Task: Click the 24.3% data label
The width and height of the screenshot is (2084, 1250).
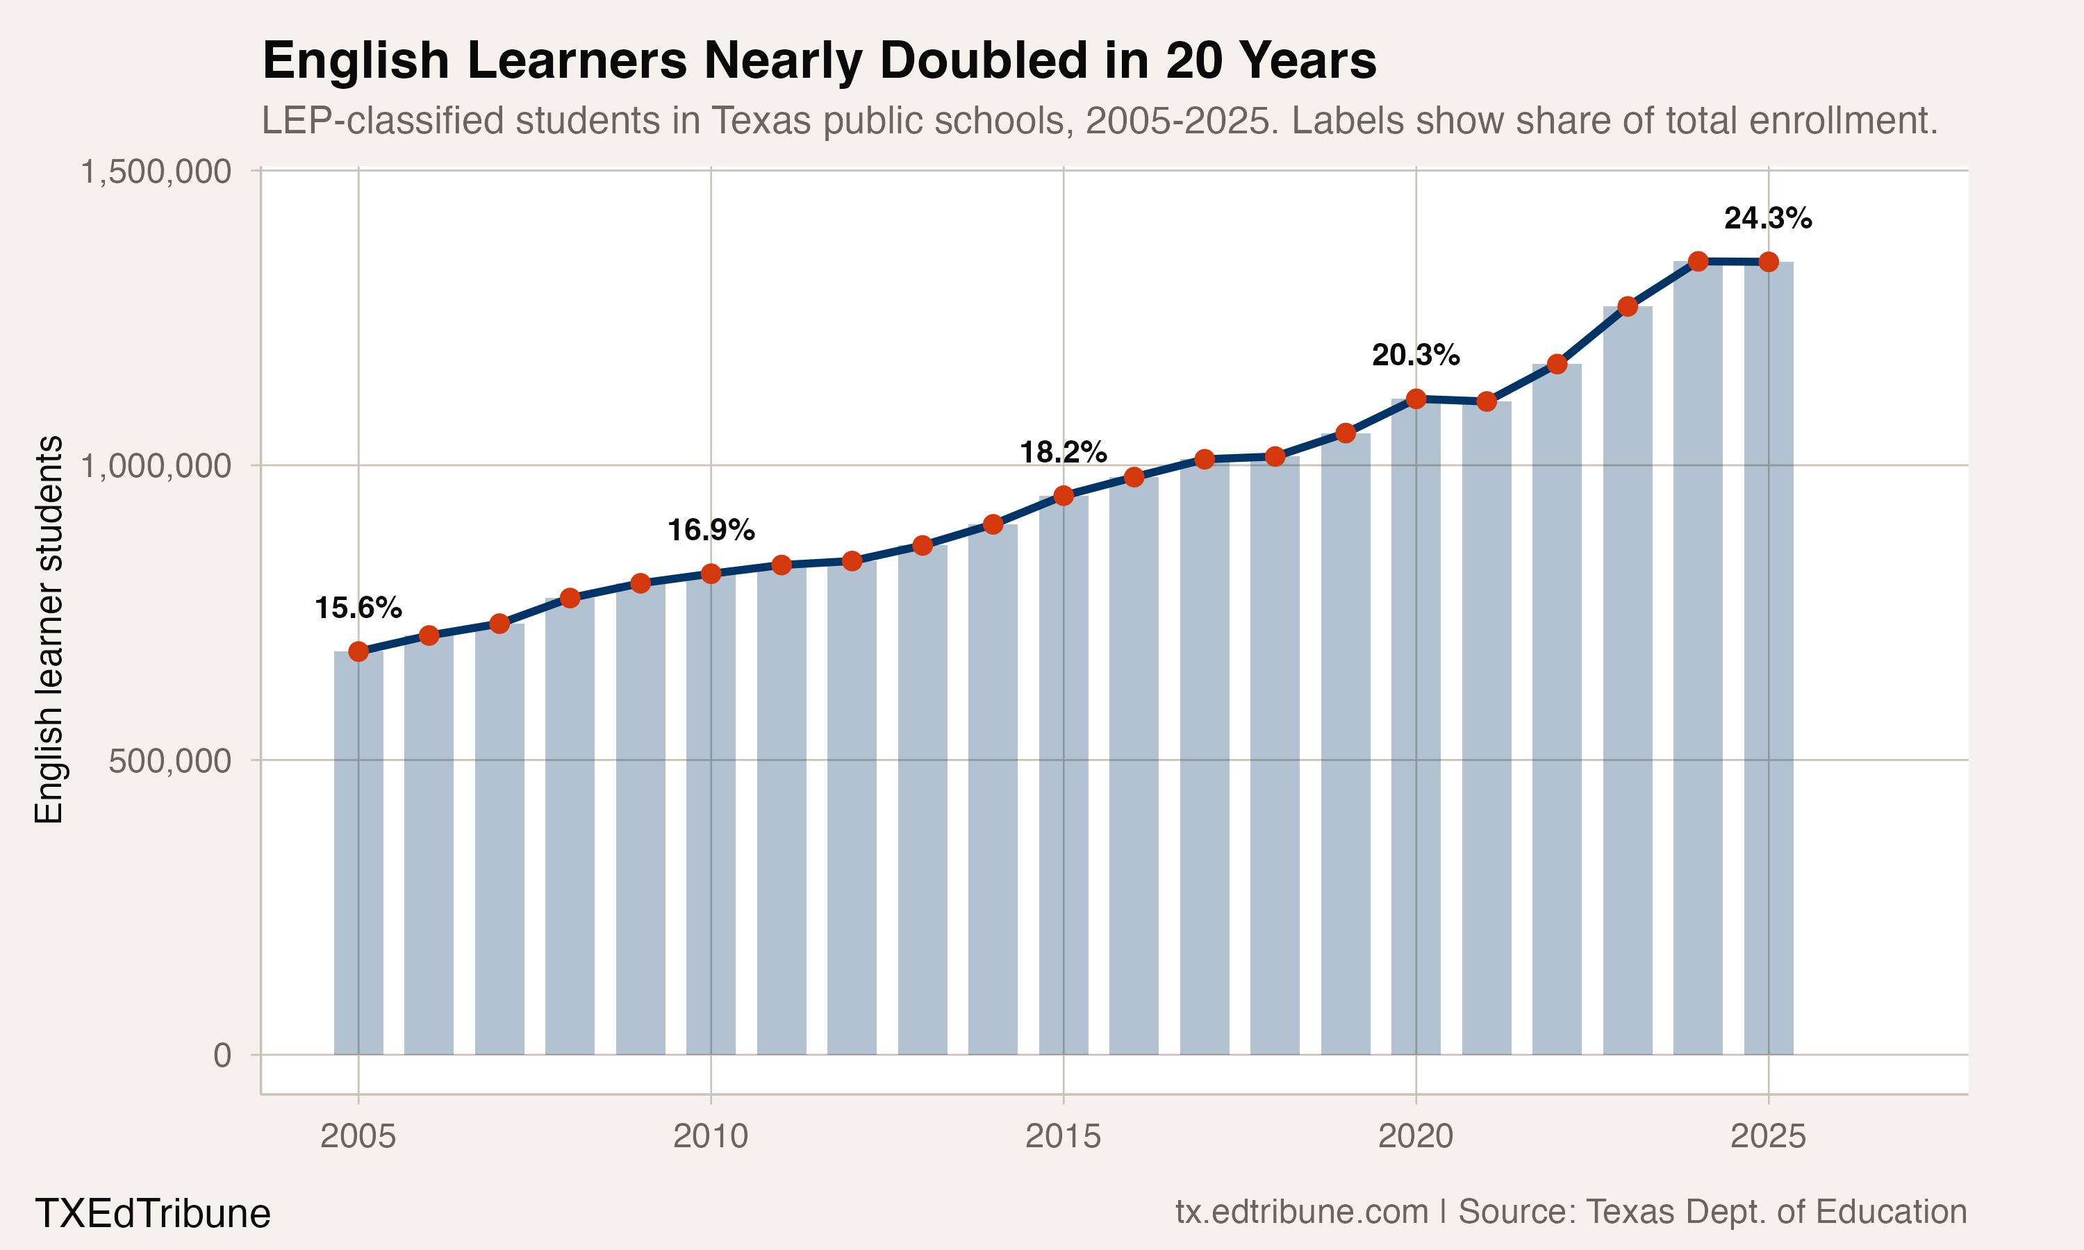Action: click(1767, 219)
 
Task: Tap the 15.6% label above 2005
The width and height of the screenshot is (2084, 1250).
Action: click(358, 608)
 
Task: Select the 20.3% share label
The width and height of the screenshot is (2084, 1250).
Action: click(1415, 356)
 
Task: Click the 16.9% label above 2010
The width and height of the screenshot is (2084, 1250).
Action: click(711, 531)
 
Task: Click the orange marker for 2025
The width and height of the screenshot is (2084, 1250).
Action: click(1768, 262)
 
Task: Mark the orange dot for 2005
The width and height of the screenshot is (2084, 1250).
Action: click(358, 651)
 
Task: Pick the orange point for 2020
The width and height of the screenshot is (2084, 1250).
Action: click(1416, 399)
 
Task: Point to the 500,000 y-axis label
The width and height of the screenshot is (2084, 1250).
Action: click(169, 760)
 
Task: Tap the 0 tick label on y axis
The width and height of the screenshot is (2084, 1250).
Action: click(222, 1056)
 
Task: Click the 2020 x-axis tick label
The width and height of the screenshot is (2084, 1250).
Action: click(1415, 1137)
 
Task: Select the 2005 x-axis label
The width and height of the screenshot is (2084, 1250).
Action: click(358, 1137)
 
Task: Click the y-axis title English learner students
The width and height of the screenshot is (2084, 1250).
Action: click(49, 629)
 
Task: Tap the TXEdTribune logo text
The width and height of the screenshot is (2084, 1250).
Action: click(152, 1214)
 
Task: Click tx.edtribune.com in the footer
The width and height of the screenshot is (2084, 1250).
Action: click(1301, 1212)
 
